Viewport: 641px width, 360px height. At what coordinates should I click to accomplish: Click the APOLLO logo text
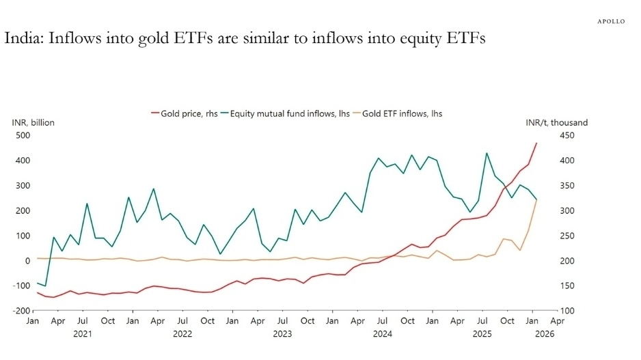pyautogui.click(x=612, y=21)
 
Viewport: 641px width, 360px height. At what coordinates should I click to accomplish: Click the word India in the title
pyautogui.click(x=24, y=38)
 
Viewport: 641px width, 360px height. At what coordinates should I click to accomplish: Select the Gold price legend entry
pyautogui.click(x=182, y=113)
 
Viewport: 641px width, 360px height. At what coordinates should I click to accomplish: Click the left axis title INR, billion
pyautogui.click(x=33, y=122)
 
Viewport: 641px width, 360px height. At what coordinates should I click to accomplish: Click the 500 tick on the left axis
pyautogui.click(x=23, y=135)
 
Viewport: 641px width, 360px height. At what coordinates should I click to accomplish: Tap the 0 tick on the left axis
pyautogui.click(x=28, y=260)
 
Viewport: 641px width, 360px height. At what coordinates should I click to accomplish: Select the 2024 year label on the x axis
pyautogui.click(x=382, y=334)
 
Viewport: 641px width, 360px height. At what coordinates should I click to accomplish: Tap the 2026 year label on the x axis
pyautogui.click(x=545, y=334)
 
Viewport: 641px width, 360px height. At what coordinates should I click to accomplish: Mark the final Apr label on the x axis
pyautogui.click(x=558, y=320)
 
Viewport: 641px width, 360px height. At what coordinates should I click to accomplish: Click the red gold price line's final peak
pyautogui.click(x=536, y=143)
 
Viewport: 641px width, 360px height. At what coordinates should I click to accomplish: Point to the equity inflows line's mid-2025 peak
pyautogui.click(x=486, y=153)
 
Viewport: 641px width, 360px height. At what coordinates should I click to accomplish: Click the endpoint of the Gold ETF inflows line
pyautogui.click(x=536, y=199)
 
